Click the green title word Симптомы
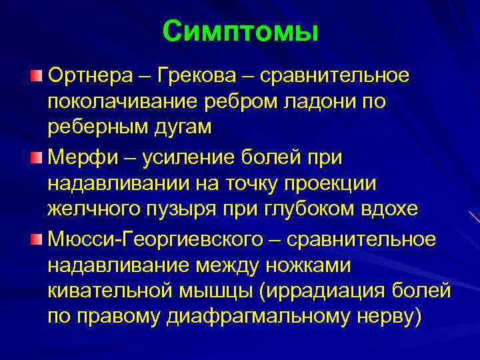240,31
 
